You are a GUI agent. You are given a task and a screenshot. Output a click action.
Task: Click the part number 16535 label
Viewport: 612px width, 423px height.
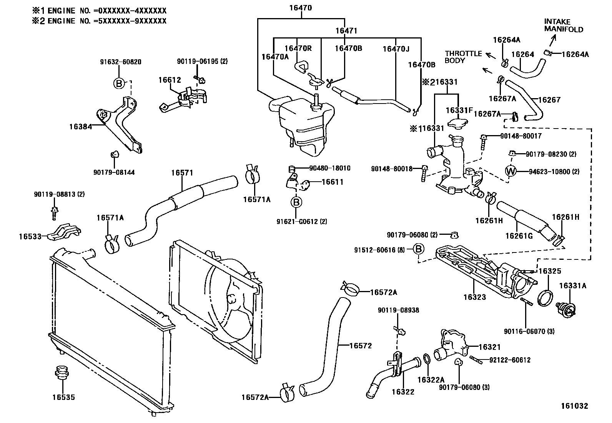pos(63,397)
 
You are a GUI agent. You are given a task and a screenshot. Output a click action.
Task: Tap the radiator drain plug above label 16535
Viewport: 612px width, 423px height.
pos(60,371)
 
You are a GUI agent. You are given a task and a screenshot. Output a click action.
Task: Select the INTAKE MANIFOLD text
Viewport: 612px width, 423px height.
pos(563,25)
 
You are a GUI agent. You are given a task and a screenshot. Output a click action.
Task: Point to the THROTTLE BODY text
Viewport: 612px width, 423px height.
pos(463,57)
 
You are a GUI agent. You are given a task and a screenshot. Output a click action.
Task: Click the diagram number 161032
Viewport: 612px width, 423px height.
pos(574,406)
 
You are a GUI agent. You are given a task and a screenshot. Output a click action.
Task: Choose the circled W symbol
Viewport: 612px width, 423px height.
pos(511,171)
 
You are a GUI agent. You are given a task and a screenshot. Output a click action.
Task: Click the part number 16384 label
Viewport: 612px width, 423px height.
pos(81,126)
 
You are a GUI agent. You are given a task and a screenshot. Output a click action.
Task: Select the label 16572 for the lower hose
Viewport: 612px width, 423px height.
pos(361,346)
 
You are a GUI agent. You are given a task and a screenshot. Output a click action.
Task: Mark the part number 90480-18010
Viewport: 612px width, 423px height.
pos(329,168)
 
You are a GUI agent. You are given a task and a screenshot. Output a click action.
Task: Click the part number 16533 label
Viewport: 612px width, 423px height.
pos(30,236)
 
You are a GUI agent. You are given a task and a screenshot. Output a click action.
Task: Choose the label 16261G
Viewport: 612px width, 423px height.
pos(519,236)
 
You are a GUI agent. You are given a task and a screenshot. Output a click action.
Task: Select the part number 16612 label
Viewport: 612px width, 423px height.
pos(170,80)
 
